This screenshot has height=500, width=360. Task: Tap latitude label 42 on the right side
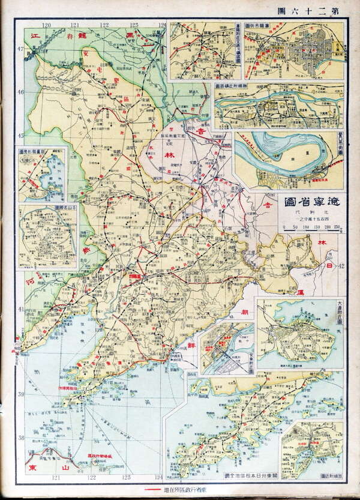(x=341, y=266)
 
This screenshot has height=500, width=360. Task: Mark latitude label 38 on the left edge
(x=19, y=438)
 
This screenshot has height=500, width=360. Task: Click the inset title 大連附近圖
(x=340, y=312)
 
